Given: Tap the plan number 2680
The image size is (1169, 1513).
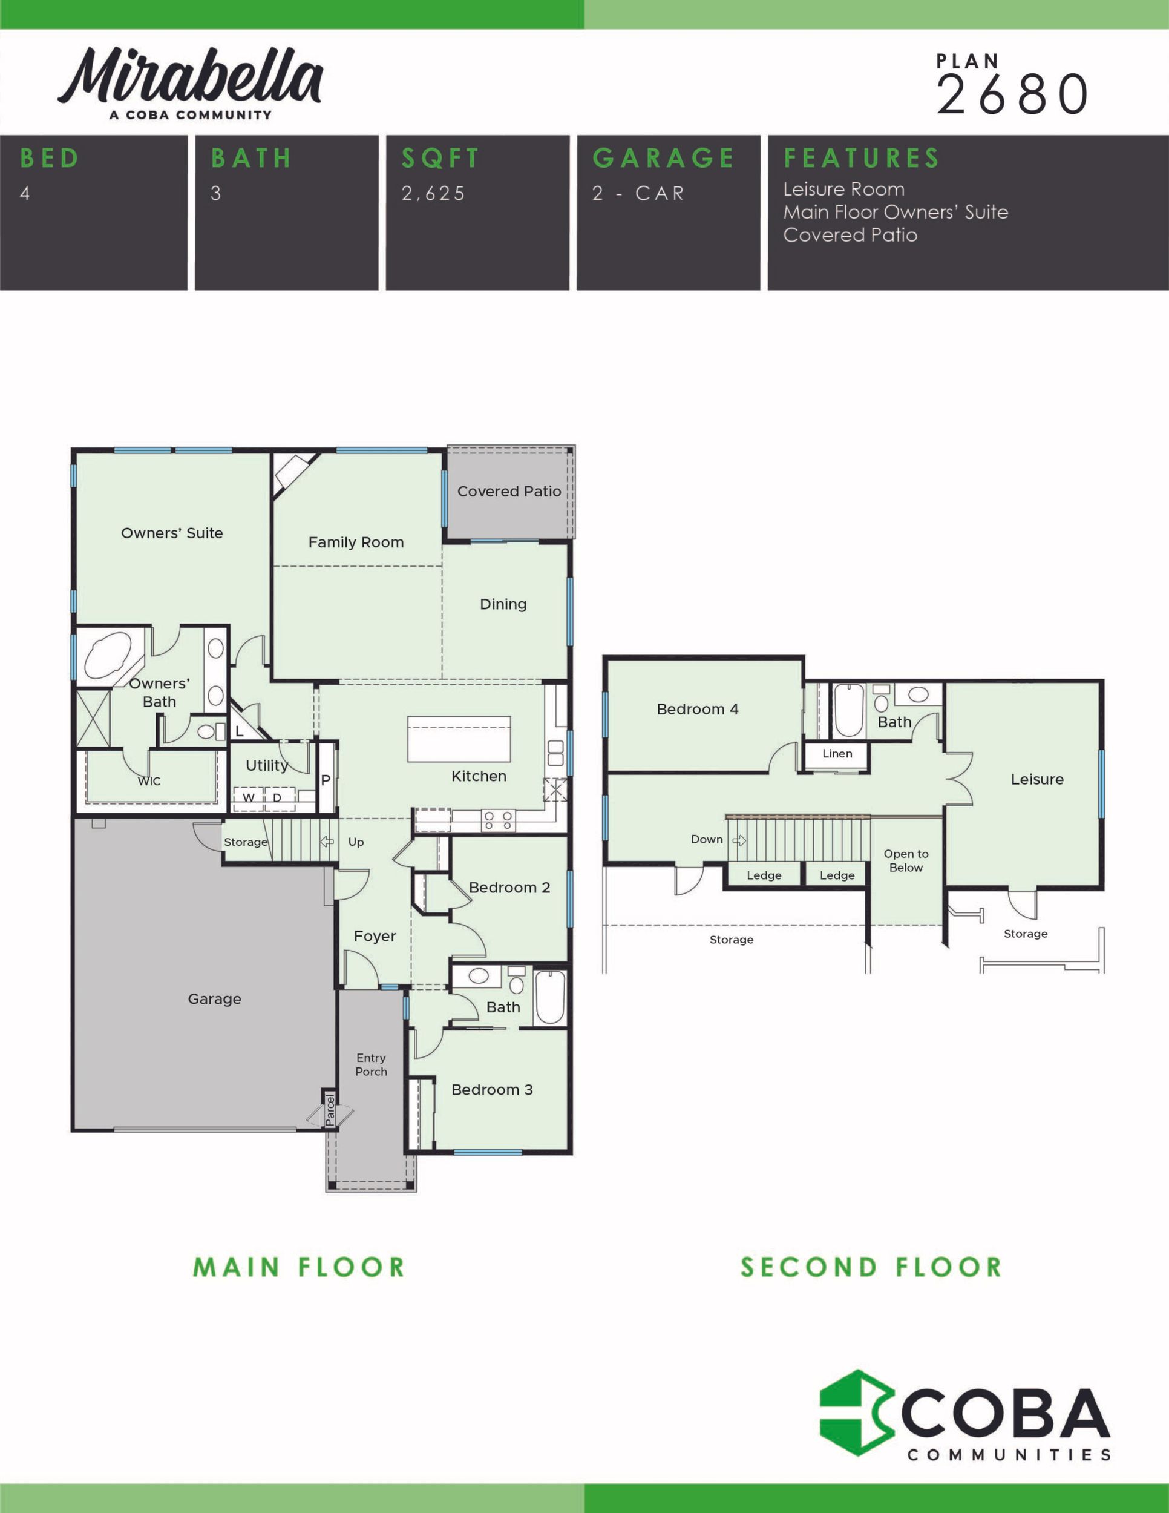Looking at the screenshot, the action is click(x=1012, y=95).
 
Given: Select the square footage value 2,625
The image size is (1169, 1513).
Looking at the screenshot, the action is click(x=433, y=193).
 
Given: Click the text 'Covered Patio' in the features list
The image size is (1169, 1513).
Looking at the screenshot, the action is click(x=850, y=235).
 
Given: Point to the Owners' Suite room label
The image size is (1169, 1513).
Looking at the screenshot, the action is click(x=172, y=533).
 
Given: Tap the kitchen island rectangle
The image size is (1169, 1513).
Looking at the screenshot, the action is click(x=459, y=739).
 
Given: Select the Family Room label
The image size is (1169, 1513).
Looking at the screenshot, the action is click(x=356, y=542).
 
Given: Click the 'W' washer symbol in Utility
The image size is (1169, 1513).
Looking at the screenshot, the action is click(x=248, y=797).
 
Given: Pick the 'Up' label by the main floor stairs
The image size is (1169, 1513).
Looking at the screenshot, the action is click(x=356, y=842).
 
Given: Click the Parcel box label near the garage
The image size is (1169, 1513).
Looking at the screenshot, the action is click(x=330, y=1109).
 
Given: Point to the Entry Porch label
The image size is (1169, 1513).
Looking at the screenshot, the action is click(x=371, y=1065).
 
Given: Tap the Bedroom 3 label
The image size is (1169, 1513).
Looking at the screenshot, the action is click(x=492, y=1090).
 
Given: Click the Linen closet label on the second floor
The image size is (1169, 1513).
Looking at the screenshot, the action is click(x=837, y=753).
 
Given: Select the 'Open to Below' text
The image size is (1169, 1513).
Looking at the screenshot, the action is click(x=906, y=860).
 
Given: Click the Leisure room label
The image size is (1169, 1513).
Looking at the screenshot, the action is click(x=1036, y=779).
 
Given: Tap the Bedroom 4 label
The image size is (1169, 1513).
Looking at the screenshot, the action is click(x=698, y=710).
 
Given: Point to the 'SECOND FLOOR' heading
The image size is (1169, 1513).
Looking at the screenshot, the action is click(x=871, y=1267).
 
